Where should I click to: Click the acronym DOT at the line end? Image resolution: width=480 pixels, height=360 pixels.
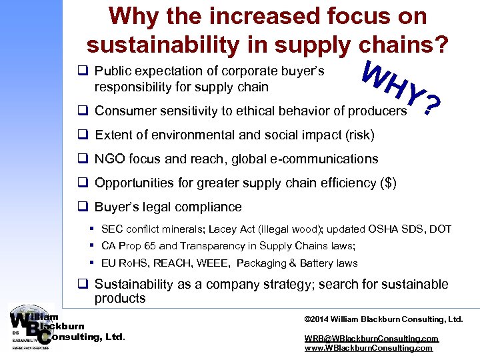pos(441,229)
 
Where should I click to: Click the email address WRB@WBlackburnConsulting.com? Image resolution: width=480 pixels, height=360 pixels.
pos(371,339)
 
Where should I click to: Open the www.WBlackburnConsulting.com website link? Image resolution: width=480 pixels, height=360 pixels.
pos(369,348)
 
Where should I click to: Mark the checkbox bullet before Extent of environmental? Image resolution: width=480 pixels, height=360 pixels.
pos(83,135)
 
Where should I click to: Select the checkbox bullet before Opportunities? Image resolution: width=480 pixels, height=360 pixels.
pos(83,183)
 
